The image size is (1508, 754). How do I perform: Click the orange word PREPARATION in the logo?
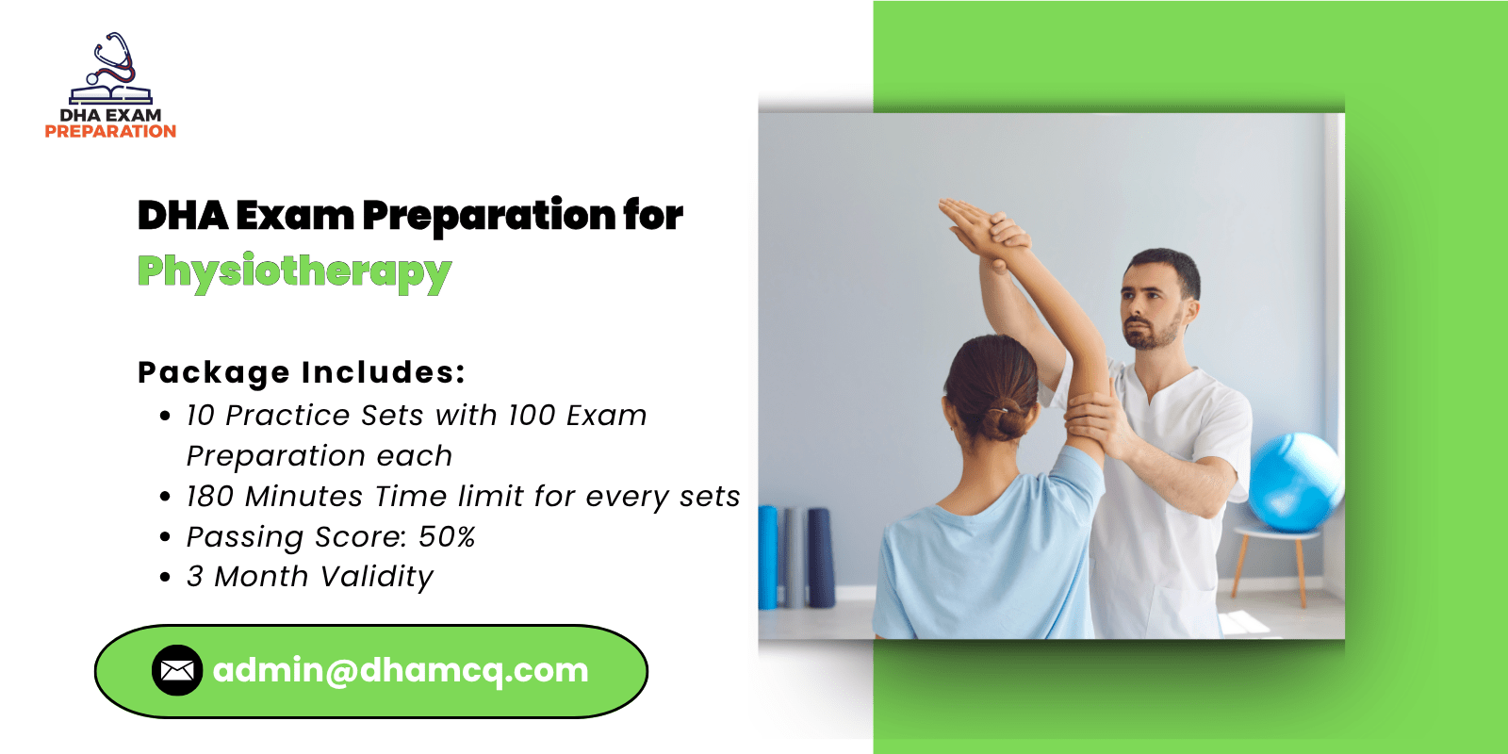pyautogui.click(x=110, y=131)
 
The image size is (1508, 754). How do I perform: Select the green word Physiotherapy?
pyautogui.click(x=295, y=272)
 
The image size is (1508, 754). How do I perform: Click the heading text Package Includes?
pyautogui.click(x=302, y=373)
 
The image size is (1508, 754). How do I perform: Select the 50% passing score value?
pyautogui.click(x=447, y=537)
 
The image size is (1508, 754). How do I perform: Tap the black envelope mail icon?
pyautogui.click(x=177, y=670)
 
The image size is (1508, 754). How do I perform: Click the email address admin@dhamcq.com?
pyautogui.click(x=401, y=670)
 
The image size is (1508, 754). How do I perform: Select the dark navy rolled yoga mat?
pyautogui.click(x=821, y=557)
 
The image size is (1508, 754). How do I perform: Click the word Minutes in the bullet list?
pyautogui.click(x=304, y=497)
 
